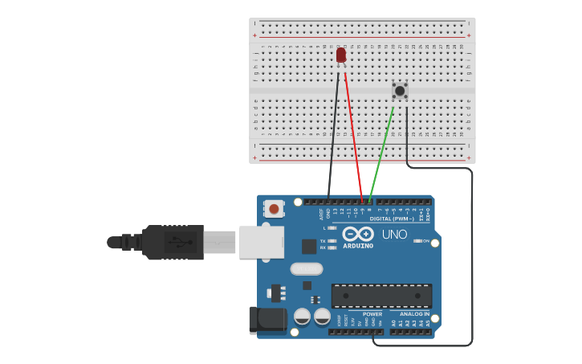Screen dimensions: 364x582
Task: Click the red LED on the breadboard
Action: pos(341,55)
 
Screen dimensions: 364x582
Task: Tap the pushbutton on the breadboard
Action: pos(399,91)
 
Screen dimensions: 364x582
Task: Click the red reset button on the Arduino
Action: pos(274,209)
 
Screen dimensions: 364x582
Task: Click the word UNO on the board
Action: pos(394,235)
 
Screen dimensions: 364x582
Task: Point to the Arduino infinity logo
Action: pos(358,234)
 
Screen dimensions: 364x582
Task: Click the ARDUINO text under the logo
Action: pos(358,246)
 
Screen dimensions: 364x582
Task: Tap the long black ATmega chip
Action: pos(381,296)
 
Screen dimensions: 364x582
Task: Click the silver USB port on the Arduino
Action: pos(261,241)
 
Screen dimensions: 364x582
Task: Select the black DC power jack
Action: pos(267,320)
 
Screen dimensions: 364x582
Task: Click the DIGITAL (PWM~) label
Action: pos(392,219)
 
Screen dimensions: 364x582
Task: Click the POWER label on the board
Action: pos(372,314)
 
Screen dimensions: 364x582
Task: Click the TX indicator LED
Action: pos(332,241)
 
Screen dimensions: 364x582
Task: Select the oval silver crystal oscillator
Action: pos(306,269)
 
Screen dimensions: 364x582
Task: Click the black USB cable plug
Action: pos(173,242)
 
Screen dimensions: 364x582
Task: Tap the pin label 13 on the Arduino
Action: pos(336,211)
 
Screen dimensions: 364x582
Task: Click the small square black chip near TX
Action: pos(309,247)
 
